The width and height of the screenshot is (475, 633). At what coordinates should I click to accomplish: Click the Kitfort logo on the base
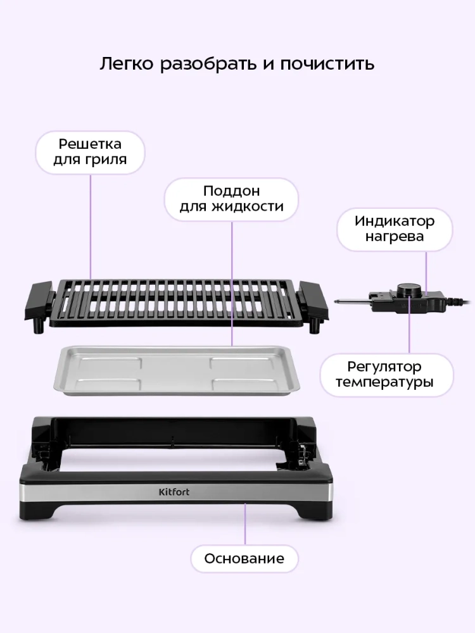174,492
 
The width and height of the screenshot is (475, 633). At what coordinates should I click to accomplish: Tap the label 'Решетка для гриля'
90,152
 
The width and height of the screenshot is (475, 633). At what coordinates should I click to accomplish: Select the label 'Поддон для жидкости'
231,199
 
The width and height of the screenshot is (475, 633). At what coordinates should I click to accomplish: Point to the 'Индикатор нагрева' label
395,229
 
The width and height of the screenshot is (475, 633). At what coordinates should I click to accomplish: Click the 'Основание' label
244,559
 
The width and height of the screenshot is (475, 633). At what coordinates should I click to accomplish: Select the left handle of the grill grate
39,301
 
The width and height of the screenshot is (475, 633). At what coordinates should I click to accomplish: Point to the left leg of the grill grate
39,326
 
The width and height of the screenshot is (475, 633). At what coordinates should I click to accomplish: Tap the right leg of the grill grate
314,326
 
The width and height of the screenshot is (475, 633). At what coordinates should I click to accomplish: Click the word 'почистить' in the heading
327,64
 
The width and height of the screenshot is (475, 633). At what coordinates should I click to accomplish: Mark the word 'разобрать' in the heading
209,64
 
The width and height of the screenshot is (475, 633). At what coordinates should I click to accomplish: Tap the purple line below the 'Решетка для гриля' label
91,227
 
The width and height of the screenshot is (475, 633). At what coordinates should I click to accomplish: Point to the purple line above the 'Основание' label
244,523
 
